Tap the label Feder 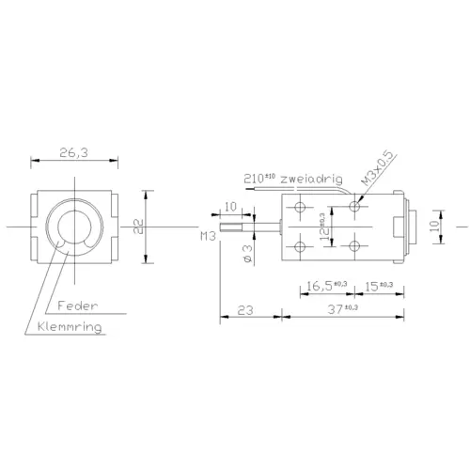76,305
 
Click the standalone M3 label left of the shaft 209,238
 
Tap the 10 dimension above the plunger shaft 230,208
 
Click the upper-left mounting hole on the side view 301,207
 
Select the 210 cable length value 257,177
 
